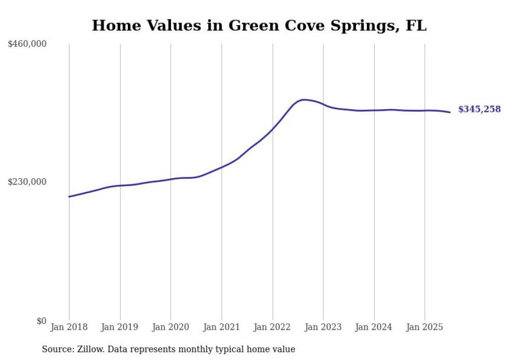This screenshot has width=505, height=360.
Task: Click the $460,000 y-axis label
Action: (x=27, y=44)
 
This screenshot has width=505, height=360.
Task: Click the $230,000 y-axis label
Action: (x=27, y=182)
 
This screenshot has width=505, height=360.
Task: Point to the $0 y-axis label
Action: (x=41, y=321)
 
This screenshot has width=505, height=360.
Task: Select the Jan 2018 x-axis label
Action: (x=69, y=327)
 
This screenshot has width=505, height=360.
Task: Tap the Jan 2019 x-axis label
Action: (x=120, y=327)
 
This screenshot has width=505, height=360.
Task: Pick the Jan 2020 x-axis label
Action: (x=171, y=327)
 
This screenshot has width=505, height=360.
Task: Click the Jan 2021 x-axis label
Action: (x=222, y=327)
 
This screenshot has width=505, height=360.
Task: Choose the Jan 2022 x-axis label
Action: (x=273, y=327)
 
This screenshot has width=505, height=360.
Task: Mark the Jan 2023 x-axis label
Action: (x=323, y=327)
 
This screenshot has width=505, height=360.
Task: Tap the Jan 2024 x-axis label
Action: (x=374, y=327)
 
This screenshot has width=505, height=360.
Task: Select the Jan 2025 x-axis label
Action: (x=425, y=327)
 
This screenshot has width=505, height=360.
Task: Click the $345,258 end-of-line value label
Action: (x=479, y=109)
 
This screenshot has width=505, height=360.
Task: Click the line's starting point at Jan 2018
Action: (x=69, y=197)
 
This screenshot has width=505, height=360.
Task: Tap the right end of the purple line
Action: (x=450, y=112)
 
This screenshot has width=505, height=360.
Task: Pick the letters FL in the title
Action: (x=416, y=26)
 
